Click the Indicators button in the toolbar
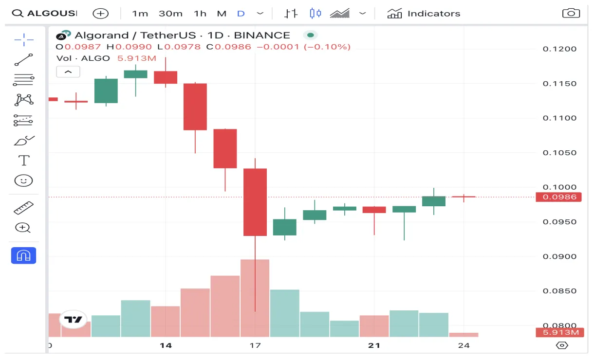click(x=424, y=14)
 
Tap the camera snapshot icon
click(x=571, y=14)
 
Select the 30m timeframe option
click(x=170, y=14)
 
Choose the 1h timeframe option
click(x=200, y=14)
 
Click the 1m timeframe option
click(x=140, y=14)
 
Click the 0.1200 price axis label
click(x=559, y=49)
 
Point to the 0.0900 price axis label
click(x=559, y=257)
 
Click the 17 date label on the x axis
click(x=255, y=345)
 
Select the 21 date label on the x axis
click(x=374, y=345)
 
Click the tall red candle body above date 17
click(x=255, y=202)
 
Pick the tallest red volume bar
click(x=255, y=298)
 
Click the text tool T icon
click(x=23, y=160)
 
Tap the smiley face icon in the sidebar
click(x=23, y=181)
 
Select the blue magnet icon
click(x=23, y=255)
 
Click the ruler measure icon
click(x=23, y=208)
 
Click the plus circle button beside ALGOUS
click(x=101, y=14)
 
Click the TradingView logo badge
click(x=74, y=320)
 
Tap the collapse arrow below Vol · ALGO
click(x=68, y=72)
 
